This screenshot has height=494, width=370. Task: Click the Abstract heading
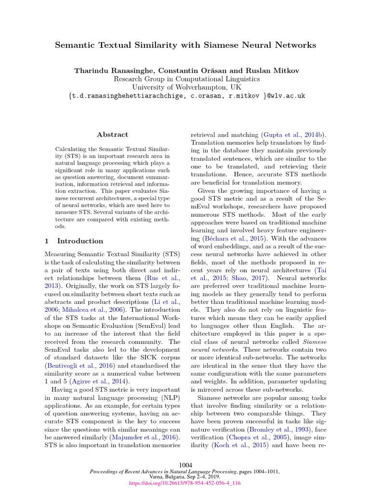(x=112, y=135)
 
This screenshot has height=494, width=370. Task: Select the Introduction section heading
(x=79, y=241)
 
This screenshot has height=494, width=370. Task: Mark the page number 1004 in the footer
(x=185, y=465)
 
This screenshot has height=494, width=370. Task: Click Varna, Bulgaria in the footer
(x=167, y=477)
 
